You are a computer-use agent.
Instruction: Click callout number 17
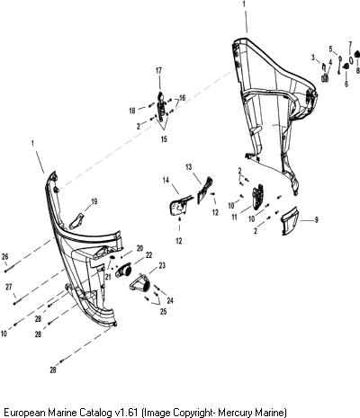158,71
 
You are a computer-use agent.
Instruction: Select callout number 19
94,201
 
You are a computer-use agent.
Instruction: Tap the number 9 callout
316,220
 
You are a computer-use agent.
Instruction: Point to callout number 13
188,167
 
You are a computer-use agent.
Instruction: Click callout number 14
166,180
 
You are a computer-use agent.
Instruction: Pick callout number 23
162,265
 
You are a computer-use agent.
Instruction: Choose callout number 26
4,257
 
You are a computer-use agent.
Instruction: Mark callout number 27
9,287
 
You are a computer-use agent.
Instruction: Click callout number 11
234,217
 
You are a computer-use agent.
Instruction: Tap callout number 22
148,255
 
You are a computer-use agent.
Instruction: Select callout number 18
132,111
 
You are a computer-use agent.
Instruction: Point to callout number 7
350,44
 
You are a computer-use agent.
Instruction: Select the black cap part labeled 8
357,54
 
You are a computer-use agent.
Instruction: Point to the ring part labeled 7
351,58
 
